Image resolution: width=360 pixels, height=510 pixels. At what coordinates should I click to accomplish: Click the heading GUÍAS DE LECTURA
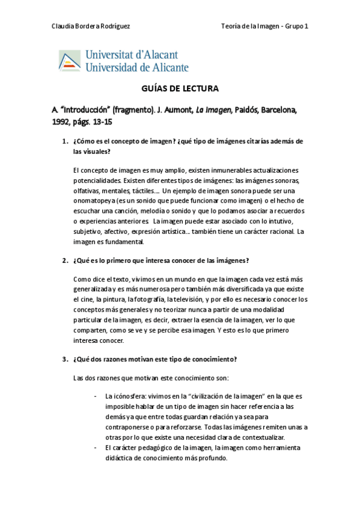point(180,89)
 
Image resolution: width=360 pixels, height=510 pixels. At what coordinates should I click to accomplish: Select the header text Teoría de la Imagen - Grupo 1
point(265,25)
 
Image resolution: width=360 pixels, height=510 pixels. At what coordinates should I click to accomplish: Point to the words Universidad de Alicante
point(137,67)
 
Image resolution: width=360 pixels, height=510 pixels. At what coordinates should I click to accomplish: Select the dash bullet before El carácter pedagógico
point(96,448)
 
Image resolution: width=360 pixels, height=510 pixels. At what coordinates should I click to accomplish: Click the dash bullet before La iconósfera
point(96,397)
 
